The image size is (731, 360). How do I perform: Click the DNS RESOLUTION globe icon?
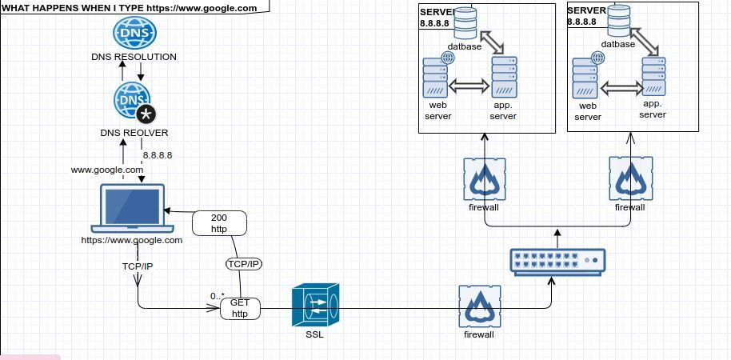[134, 33]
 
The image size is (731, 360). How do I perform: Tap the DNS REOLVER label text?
[134, 133]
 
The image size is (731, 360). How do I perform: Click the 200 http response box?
[219, 222]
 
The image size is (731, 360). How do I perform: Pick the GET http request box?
[240, 308]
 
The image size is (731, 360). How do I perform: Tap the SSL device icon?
[315, 305]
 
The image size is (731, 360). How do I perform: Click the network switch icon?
[558, 262]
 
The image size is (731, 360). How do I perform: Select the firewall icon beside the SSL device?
[480, 306]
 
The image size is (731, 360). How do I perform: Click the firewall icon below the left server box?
[483, 178]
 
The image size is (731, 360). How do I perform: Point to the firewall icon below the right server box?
[630, 178]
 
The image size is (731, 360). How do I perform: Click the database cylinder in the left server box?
[465, 23]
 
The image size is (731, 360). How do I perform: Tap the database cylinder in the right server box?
[618, 22]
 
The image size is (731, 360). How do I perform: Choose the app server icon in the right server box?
[653, 77]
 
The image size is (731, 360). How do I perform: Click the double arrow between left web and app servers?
[469, 86]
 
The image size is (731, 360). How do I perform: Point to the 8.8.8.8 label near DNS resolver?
[158, 155]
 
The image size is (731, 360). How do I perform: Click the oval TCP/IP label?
[244, 264]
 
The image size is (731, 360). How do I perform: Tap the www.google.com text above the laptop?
[107, 170]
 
